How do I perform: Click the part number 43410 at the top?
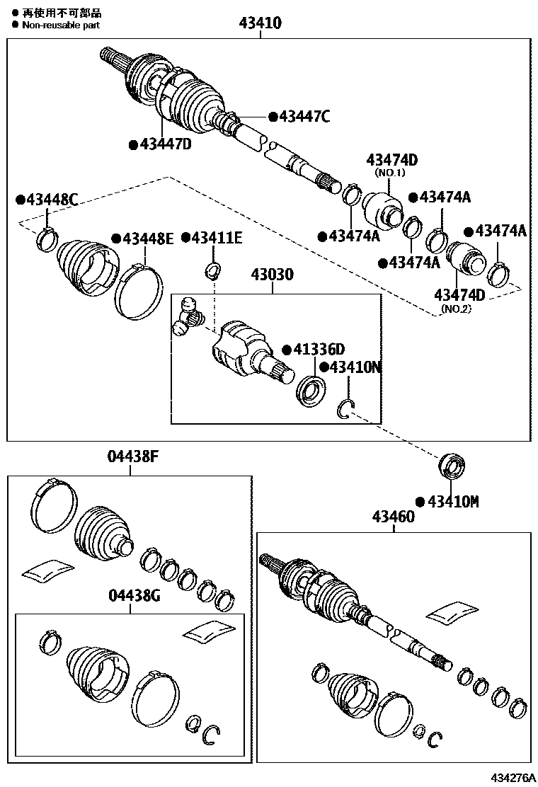[260, 23]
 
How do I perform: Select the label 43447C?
[304, 117]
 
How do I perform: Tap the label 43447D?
[166, 144]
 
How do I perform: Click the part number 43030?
[269, 275]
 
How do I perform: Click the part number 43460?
[394, 518]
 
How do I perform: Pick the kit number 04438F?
[132, 457]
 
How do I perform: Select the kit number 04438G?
[134, 596]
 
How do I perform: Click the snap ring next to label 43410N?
[346, 408]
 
